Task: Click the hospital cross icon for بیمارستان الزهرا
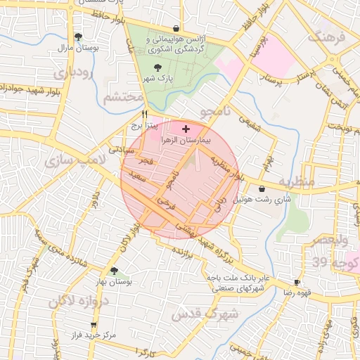186,129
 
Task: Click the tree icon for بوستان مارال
77,37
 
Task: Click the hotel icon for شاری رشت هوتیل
262,188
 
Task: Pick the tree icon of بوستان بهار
114,270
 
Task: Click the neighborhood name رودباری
72,72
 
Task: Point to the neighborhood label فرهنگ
328,36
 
